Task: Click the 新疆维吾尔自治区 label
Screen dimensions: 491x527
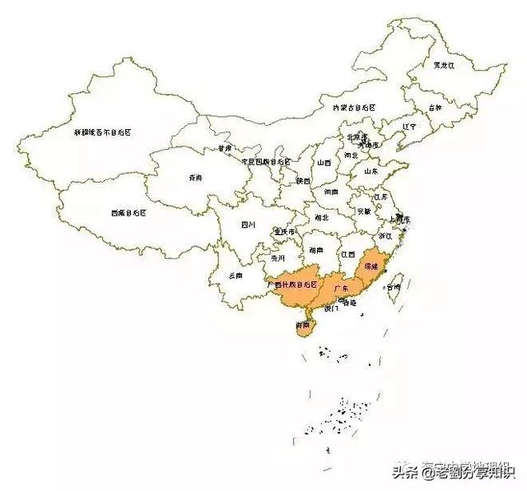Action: pyautogui.click(x=103, y=132)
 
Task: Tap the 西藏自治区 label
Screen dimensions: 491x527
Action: pyautogui.click(x=128, y=213)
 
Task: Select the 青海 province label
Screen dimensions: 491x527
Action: pyautogui.click(x=196, y=178)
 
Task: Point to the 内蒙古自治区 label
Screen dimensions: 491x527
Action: pyautogui.click(x=353, y=108)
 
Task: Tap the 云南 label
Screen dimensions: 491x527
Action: pyautogui.click(x=235, y=276)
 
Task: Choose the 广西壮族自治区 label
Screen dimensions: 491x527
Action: pyautogui.click(x=291, y=284)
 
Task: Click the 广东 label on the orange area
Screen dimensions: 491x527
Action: pyautogui.click(x=341, y=288)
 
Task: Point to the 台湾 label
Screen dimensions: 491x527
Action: pyautogui.click(x=397, y=288)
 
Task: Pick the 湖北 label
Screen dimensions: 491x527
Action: pyautogui.click(x=320, y=218)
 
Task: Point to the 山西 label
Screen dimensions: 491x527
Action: pyautogui.click(x=324, y=163)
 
